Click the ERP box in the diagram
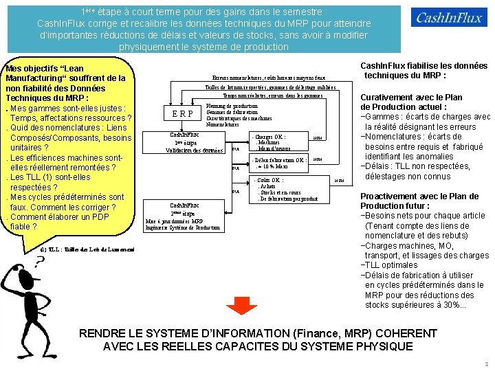[182, 114]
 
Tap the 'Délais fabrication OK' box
[278, 164]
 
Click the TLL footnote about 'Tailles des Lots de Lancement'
[87, 248]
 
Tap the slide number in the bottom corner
[486, 364]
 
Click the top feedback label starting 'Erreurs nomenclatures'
[269, 79]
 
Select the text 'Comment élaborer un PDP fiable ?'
[60, 221]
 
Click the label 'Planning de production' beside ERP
[232, 106]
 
